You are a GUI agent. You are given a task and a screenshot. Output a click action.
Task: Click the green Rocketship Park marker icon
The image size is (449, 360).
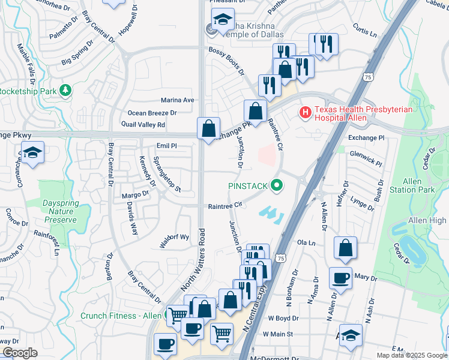(65, 91)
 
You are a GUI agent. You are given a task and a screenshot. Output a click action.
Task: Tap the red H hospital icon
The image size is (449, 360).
(305, 112)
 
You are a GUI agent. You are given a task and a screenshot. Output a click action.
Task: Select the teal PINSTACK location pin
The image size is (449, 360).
(277, 186)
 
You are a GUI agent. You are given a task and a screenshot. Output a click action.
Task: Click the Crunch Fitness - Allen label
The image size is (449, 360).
(121, 316)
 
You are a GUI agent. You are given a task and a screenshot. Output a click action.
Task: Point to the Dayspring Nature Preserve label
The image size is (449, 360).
(60, 211)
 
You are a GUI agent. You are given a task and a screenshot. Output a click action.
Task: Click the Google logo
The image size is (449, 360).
(19, 353)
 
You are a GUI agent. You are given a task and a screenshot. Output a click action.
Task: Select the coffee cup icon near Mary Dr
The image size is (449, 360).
(341, 278)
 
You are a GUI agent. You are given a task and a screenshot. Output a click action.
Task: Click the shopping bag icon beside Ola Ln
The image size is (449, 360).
(345, 248)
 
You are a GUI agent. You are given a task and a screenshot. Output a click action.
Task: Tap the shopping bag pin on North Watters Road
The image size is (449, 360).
(208, 128)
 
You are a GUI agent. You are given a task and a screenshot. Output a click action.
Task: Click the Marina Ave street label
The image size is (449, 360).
(177, 100)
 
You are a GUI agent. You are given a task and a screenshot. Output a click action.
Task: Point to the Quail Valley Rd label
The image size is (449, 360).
(143, 125)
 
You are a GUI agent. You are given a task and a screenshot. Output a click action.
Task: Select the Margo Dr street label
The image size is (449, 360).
(135, 194)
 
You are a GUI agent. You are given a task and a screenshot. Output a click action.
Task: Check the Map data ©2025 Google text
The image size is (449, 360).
(411, 355)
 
